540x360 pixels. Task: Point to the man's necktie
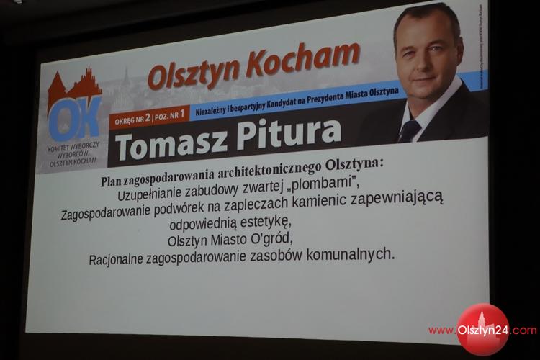(410, 130)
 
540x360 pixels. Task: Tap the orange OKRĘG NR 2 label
(130, 120)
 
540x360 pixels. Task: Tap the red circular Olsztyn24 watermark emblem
(482, 330)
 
